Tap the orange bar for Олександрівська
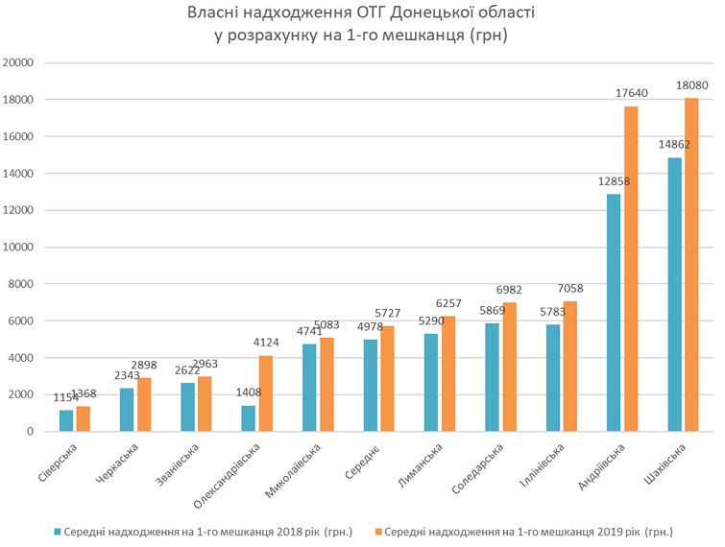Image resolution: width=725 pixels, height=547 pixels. click(x=266, y=393)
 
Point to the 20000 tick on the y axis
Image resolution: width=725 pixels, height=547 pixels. click(x=19, y=63)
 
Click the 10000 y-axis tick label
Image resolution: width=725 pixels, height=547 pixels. click(x=19, y=248)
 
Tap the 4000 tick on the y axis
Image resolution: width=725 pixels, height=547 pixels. click(x=22, y=358)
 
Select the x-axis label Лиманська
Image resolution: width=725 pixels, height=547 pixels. click(x=421, y=465)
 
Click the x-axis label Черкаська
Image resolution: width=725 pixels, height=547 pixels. click(x=116, y=465)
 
